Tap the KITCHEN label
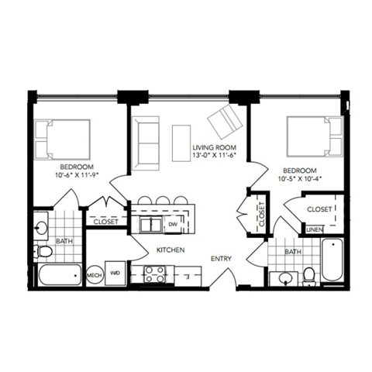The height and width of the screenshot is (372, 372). pyautogui.click(x=169, y=251)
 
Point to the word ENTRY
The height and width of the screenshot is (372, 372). pyautogui.click(x=223, y=259)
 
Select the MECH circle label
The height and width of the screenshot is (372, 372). pyautogui.click(x=95, y=274)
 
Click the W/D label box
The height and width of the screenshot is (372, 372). pyautogui.click(x=115, y=274)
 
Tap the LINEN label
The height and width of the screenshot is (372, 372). pyautogui.click(x=314, y=229)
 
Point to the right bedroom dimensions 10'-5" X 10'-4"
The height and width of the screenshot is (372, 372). pyautogui.click(x=299, y=179)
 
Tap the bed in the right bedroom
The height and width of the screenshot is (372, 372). pyautogui.click(x=314, y=136)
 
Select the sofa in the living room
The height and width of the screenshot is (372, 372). pyautogui.click(x=145, y=143)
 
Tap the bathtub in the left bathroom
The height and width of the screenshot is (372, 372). pyautogui.click(x=58, y=275)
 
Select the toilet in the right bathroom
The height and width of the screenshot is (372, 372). pyautogui.click(x=309, y=274)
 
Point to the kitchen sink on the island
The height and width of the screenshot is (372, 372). pyautogui.click(x=150, y=224)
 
